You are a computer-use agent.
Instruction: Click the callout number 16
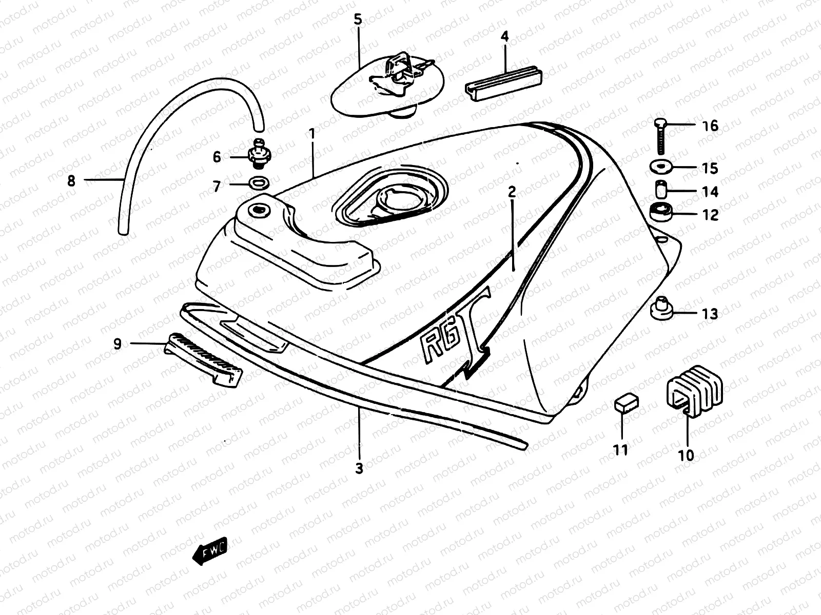pos(710,126)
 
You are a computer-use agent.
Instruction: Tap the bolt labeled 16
pos(660,136)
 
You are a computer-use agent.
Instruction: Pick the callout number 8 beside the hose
pos(71,180)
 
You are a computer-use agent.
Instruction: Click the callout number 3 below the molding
pos(359,468)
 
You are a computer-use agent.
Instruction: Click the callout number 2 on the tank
pos(512,192)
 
